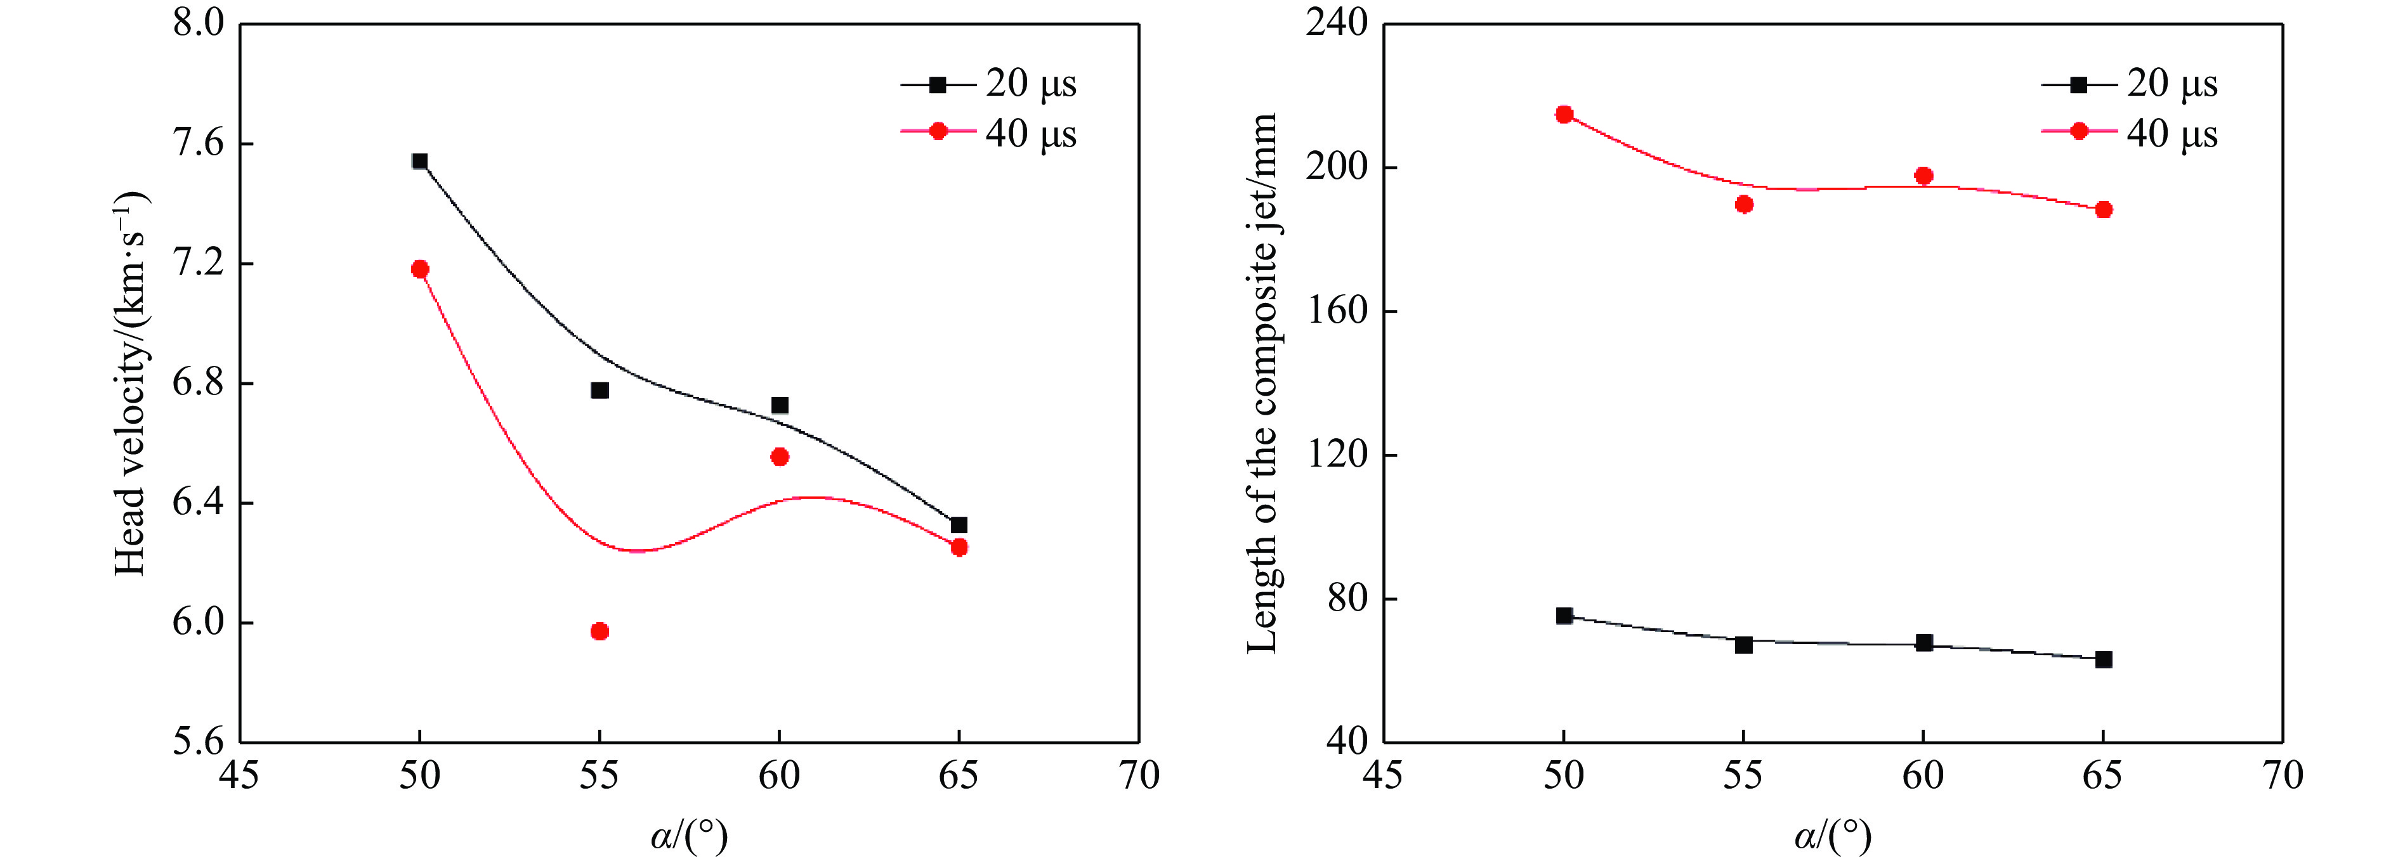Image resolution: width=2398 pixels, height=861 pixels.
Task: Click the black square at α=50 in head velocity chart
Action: (x=420, y=161)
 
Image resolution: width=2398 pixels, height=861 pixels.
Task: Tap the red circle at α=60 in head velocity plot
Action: (x=780, y=457)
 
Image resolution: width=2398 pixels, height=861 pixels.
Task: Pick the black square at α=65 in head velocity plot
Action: (x=959, y=525)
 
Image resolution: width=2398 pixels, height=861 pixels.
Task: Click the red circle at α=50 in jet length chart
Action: (x=1564, y=115)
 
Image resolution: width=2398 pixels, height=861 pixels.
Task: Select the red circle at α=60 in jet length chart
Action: (x=1923, y=176)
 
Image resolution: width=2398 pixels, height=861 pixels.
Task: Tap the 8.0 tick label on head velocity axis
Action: (x=199, y=23)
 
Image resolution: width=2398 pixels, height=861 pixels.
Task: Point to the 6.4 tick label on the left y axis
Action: (x=199, y=503)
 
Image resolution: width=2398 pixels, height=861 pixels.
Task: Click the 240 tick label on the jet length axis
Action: (x=1337, y=23)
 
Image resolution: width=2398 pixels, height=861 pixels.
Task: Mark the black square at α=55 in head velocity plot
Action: (x=599, y=390)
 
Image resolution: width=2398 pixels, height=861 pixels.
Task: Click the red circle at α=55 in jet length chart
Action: (x=1743, y=205)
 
